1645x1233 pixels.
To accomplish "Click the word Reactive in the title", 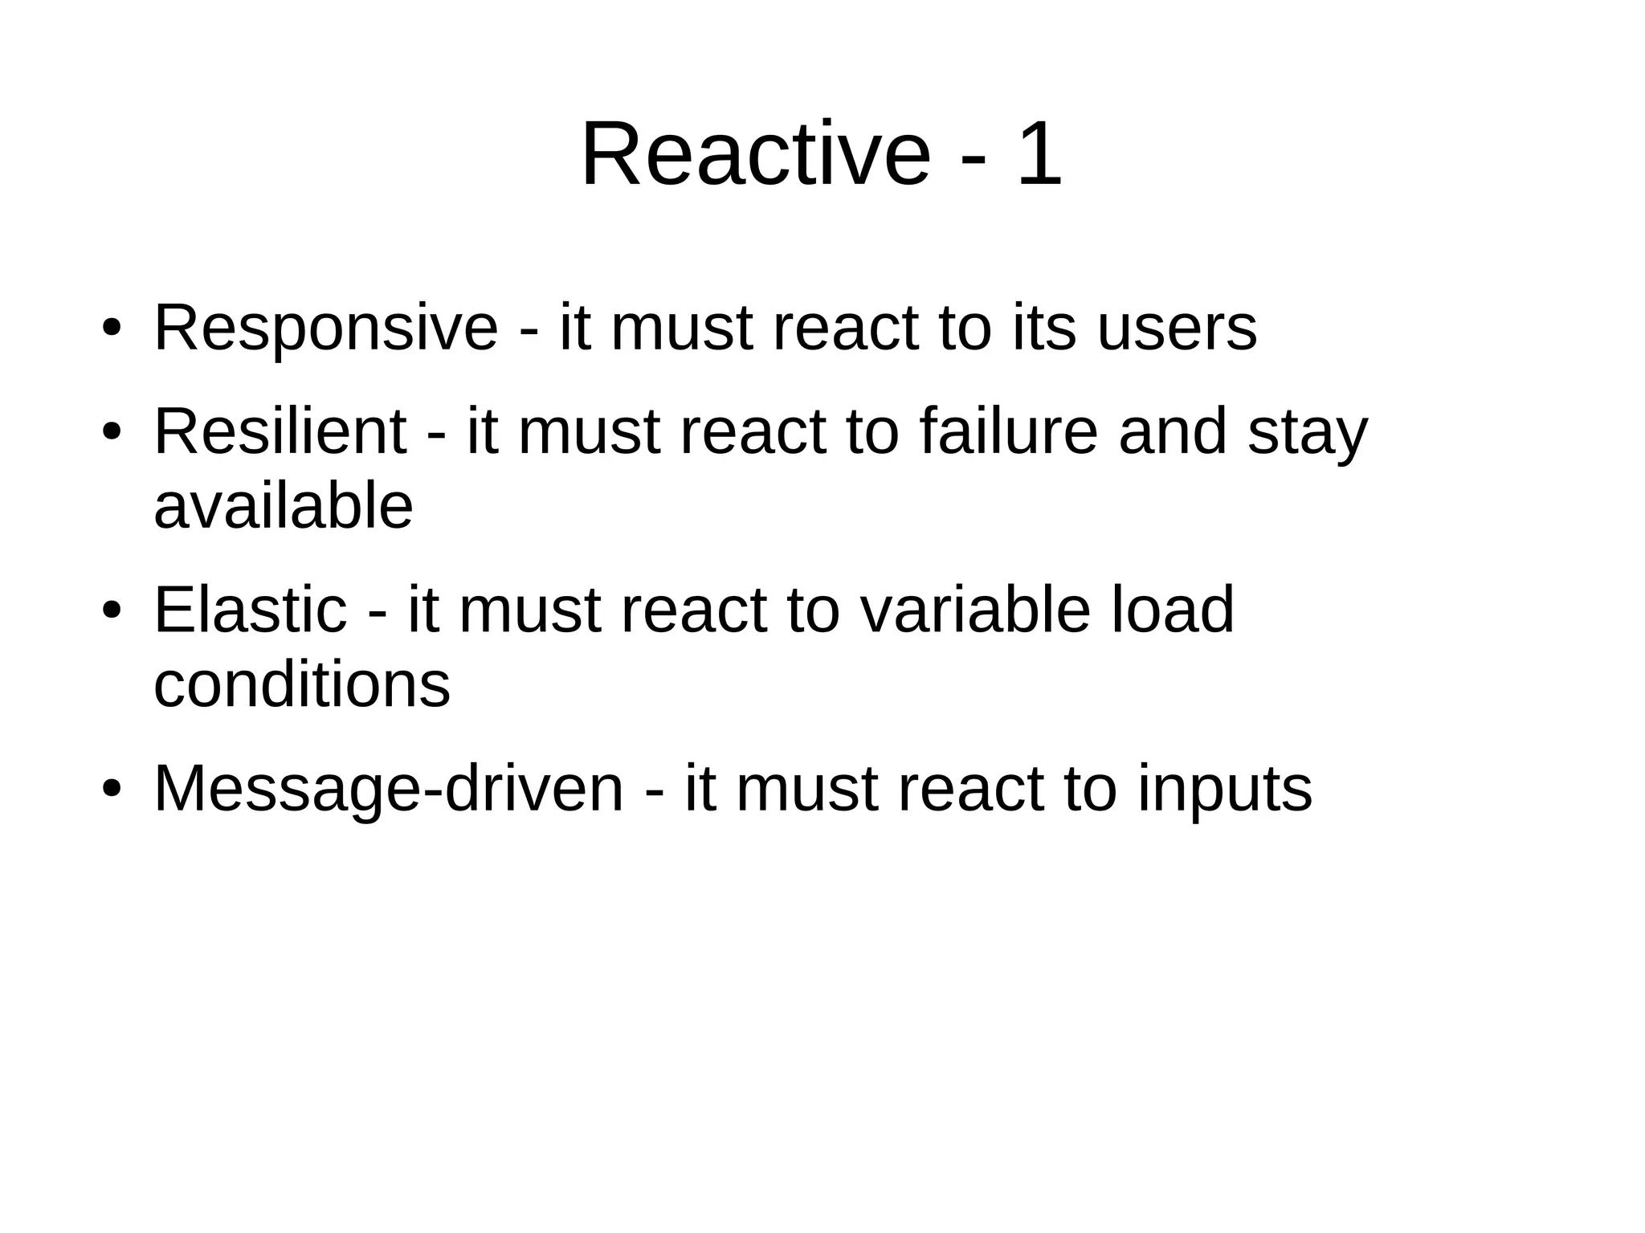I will tap(755, 154).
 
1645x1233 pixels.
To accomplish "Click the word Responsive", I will tap(325, 329).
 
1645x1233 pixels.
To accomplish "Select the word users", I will tap(1176, 329).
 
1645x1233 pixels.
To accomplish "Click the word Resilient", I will tap(280, 432).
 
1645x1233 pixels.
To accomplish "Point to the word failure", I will tap(1007, 432).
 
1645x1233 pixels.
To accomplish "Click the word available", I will tap(283, 507).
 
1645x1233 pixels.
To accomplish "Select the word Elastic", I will tap(250, 610).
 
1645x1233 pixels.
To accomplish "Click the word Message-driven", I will tap(388, 790).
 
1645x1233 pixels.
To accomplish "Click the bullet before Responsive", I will tap(111, 330).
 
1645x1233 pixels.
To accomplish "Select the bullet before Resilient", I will tap(111, 434).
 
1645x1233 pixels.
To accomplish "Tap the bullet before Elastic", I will tap(111, 611).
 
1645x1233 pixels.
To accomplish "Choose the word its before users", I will tap(1043, 329).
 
